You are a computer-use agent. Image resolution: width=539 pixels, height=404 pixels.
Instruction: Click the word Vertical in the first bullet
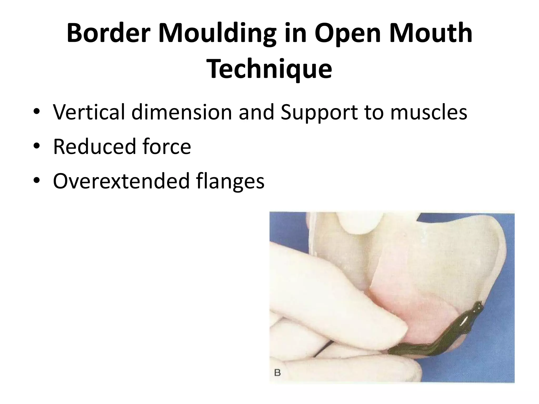pos(89,112)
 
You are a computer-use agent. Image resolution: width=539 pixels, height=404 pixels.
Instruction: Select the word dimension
pos(182,112)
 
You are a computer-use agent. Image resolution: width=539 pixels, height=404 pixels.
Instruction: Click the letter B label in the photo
pos(277,373)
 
